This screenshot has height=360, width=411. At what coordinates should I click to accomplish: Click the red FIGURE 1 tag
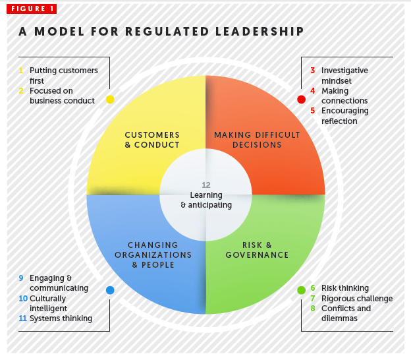(32, 9)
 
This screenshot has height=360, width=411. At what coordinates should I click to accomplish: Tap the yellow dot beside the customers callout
(110, 100)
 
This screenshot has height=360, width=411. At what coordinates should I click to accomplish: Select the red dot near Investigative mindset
(302, 100)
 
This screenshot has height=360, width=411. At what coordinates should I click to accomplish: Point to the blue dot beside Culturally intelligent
(110, 290)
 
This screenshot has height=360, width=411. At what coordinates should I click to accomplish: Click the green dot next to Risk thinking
(302, 290)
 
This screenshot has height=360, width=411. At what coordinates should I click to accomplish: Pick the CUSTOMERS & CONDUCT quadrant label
(152, 140)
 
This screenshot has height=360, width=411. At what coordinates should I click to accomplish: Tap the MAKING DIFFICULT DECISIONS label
(257, 140)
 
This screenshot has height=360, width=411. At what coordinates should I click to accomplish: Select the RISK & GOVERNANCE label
(257, 250)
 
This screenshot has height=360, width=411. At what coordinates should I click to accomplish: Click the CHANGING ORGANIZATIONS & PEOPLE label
(153, 255)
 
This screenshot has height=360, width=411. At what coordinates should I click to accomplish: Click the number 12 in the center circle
(206, 185)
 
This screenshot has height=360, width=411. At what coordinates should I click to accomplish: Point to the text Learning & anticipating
(206, 200)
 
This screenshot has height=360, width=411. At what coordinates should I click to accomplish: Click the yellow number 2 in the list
(21, 91)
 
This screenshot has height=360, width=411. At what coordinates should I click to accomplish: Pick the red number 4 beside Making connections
(313, 91)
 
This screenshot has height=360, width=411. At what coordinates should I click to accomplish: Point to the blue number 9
(21, 278)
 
